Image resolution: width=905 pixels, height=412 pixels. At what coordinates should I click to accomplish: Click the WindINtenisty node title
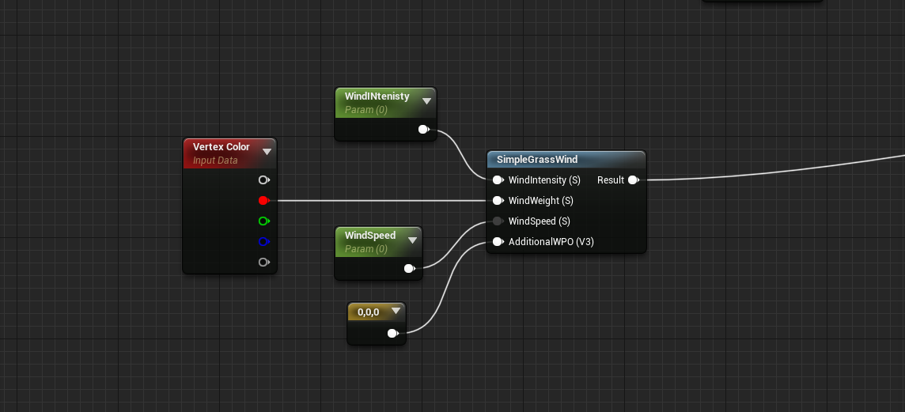click(377, 96)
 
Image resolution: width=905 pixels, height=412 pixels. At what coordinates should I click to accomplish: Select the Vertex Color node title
click(221, 147)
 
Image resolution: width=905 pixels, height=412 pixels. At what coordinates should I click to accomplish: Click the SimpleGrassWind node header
click(537, 160)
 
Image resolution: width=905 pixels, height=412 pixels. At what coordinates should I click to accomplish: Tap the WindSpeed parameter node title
click(370, 236)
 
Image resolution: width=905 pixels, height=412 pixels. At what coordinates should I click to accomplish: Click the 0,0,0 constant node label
click(369, 312)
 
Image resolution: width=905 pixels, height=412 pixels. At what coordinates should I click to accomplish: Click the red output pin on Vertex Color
click(263, 201)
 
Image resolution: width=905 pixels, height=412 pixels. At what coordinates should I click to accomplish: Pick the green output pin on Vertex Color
click(263, 221)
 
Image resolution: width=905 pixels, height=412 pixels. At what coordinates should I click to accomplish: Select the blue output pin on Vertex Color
click(263, 242)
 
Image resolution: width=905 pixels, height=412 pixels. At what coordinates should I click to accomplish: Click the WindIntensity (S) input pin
click(497, 180)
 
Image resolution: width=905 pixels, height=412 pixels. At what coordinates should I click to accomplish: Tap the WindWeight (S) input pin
click(497, 201)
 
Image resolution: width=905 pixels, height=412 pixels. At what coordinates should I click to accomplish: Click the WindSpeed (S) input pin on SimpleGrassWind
click(497, 221)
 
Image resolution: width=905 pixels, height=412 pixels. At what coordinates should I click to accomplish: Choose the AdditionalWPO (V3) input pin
click(497, 242)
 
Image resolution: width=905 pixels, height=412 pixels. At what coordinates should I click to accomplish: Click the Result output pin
click(633, 180)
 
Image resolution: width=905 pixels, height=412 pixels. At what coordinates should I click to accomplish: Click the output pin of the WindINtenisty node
click(423, 130)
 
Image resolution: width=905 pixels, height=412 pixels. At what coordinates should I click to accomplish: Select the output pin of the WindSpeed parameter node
click(409, 269)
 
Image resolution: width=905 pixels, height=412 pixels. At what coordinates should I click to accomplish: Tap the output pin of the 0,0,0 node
click(392, 334)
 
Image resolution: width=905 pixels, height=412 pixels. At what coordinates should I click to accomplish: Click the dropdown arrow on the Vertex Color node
click(267, 152)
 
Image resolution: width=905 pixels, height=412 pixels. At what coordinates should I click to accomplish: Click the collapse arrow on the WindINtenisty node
click(426, 101)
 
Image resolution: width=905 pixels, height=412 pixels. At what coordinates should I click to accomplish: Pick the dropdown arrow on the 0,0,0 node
click(396, 312)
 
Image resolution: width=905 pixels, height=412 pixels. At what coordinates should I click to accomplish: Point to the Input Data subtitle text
click(215, 161)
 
